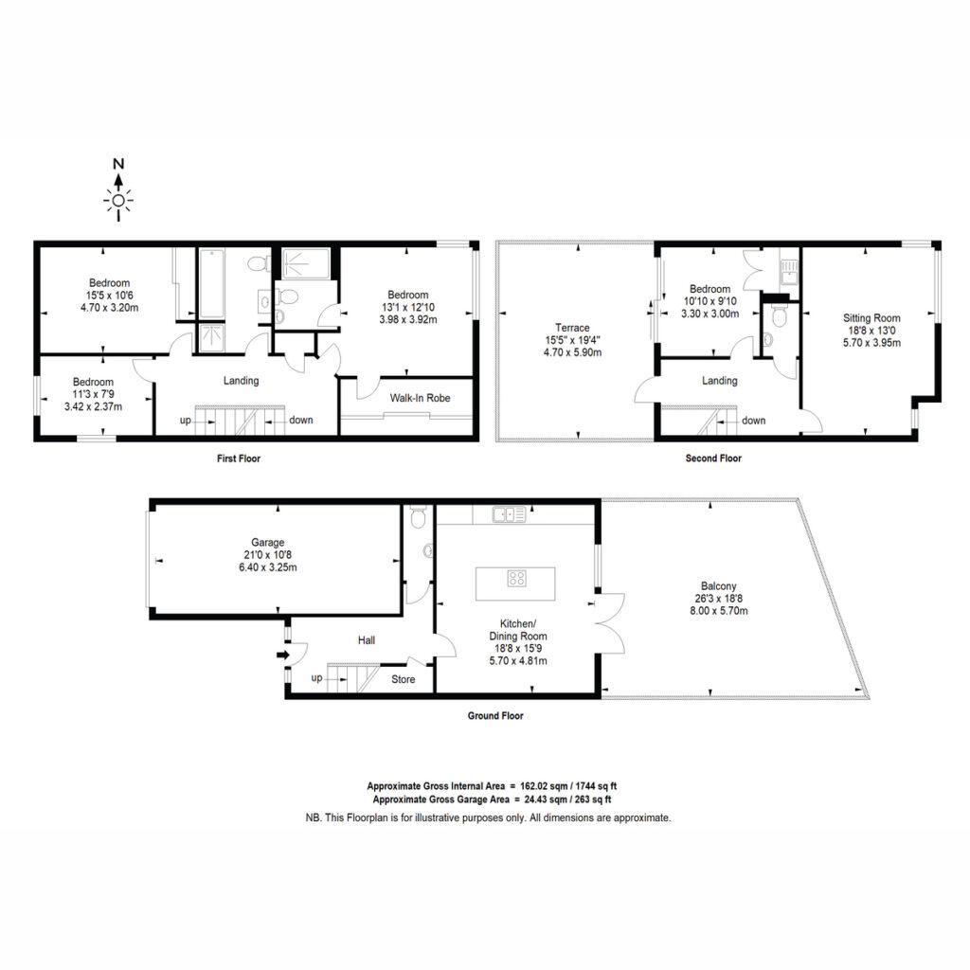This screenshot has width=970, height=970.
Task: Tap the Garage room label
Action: tap(268, 543)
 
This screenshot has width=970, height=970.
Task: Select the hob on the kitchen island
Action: tap(516, 579)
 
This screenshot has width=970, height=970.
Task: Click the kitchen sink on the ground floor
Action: tap(509, 514)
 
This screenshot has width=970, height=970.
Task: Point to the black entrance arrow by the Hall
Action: tap(282, 655)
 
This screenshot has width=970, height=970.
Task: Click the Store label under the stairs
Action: tap(403, 679)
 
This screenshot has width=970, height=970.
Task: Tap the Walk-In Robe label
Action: tap(420, 398)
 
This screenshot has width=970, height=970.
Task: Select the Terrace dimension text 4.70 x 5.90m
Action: tap(572, 352)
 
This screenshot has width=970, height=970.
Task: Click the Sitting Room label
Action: tap(871, 318)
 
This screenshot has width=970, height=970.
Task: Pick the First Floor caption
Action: tap(239, 458)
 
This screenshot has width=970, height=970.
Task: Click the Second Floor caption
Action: tap(713, 458)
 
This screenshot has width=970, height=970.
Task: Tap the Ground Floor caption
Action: tap(495, 716)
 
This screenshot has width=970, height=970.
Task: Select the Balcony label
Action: tap(719, 585)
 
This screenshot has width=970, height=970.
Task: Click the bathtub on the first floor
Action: tap(211, 283)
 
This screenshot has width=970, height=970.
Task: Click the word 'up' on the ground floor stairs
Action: tap(316, 677)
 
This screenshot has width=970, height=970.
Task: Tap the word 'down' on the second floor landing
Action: tap(753, 420)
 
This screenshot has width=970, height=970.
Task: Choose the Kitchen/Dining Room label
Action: tap(518, 630)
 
